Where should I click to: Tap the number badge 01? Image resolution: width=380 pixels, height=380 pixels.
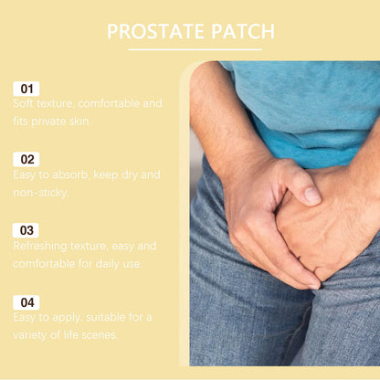[x=26, y=89]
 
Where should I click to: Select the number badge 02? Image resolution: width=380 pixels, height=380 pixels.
[x=26, y=160]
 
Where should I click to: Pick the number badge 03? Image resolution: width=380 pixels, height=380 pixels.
[x=26, y=230]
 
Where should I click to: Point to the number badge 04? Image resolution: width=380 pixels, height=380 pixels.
[x=26, y=301]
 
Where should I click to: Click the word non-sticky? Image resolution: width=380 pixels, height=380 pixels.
[x=40, y=192]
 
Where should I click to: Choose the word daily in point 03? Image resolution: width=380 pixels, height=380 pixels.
[x=108, y=263]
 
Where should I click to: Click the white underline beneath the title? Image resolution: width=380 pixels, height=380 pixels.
[x=190, y=50]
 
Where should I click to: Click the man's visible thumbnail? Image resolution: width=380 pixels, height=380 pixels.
[x=311, y=195]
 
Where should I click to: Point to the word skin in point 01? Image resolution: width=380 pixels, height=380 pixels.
[x=81, y=121]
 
